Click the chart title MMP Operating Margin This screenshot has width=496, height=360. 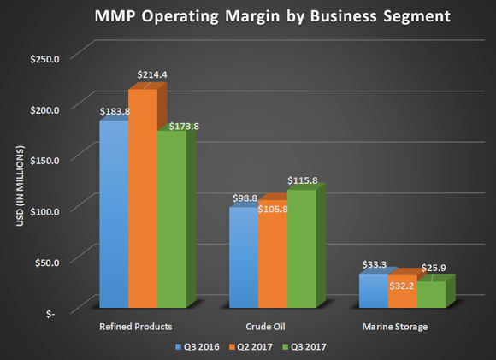click(247, 17)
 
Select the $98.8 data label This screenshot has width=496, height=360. click(245, 198)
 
